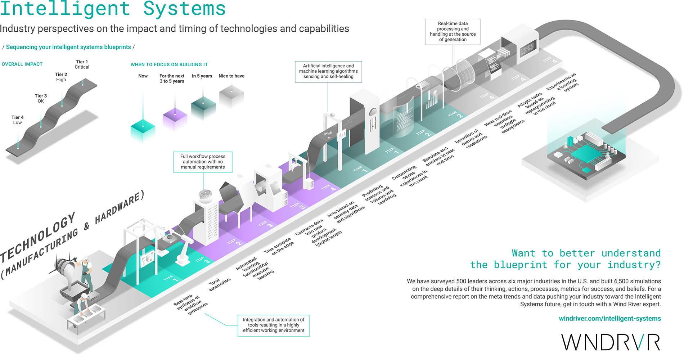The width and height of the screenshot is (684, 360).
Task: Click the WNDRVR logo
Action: [611, 342]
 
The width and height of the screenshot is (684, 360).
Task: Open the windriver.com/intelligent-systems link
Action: [609, 319]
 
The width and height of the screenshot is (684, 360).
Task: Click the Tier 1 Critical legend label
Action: [82, 64]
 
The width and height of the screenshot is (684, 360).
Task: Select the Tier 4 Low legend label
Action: [17, 120]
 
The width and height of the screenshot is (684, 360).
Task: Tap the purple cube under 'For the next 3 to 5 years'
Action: [175, 119]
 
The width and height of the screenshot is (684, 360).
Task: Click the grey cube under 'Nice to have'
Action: [231, 96]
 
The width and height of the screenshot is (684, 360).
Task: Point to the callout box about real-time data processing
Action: [453, 32]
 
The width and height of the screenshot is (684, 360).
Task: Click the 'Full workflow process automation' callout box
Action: [203, 162]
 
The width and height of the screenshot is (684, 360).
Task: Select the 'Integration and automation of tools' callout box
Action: [273, 325]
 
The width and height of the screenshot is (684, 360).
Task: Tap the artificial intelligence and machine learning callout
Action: [328, 71]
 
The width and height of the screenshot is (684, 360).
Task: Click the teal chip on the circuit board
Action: [585, 152]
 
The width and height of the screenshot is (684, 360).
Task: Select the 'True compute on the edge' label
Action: [279, 247]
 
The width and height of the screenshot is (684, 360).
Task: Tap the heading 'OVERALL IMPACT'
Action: [22, 64]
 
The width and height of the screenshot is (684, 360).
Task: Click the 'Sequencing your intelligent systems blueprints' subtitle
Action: [68, 47]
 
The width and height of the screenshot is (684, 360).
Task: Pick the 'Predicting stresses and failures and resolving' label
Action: [379, 195]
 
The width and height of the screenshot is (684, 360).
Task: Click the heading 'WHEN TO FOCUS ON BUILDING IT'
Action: [169, 65]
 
